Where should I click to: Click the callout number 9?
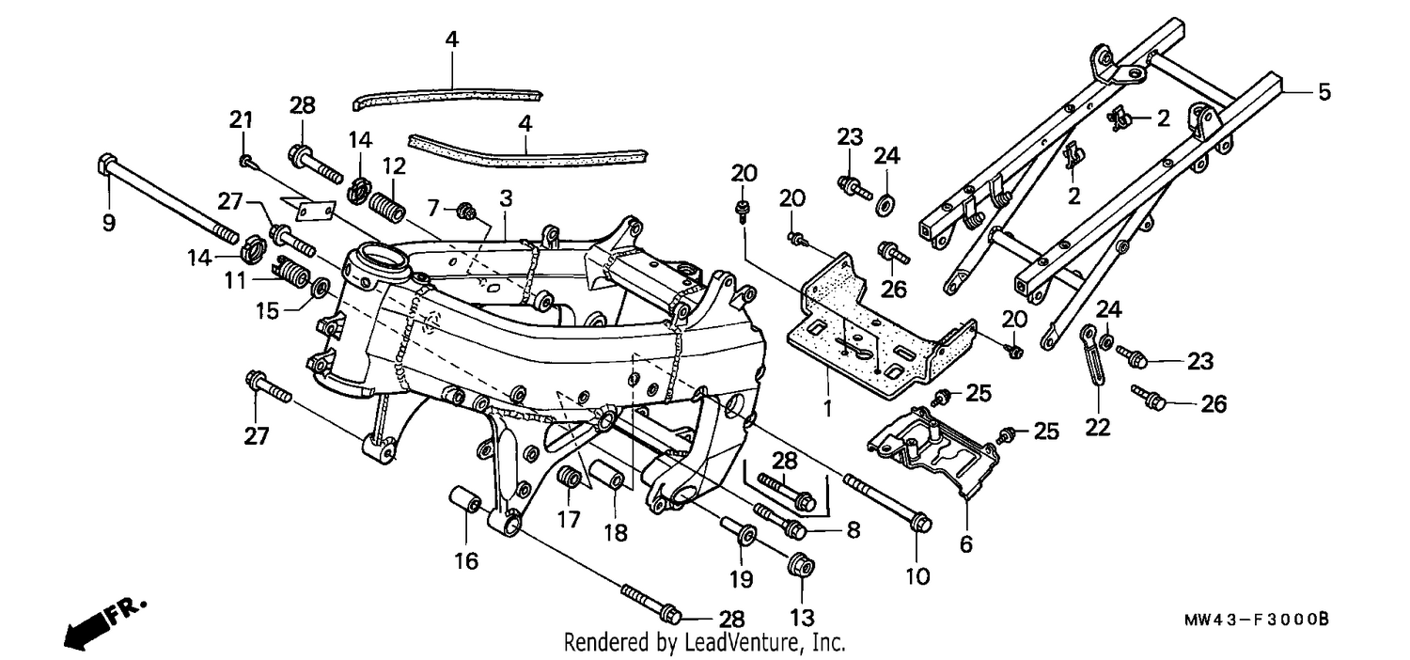tap(109, 222)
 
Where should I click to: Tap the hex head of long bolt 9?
tap(106, 165)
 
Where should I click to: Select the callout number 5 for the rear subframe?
tap(1324, 92)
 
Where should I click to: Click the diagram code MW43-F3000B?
tap(1257, 620)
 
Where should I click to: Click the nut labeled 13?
tap(801, 565)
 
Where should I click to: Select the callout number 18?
tap(616, 533)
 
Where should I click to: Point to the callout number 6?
tap(966, 544)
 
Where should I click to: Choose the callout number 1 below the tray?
tap(828, 408)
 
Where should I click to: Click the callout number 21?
tap(241, 119)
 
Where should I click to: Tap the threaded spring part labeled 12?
tap(386, 206)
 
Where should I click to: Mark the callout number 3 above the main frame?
tap(506, 198)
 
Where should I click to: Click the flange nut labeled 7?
tap(466, 211)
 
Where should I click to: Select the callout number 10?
tap(917, 575)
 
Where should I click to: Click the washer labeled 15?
tap(320, 289)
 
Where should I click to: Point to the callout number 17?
tap(568, 520)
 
